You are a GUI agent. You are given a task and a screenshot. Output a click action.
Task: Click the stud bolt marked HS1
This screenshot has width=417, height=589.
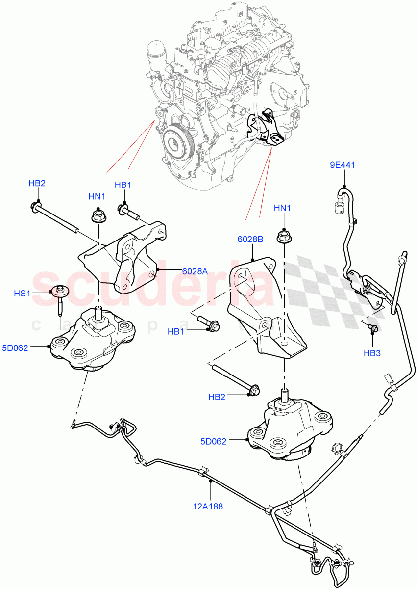pyautogui.click(x=61, y=299)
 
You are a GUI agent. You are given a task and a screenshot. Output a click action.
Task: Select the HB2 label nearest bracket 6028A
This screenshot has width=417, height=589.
pyautogui.click(x=37, y=184)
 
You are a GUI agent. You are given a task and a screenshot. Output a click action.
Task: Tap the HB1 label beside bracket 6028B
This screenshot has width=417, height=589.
pyautogui.click(x=176, y=332)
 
